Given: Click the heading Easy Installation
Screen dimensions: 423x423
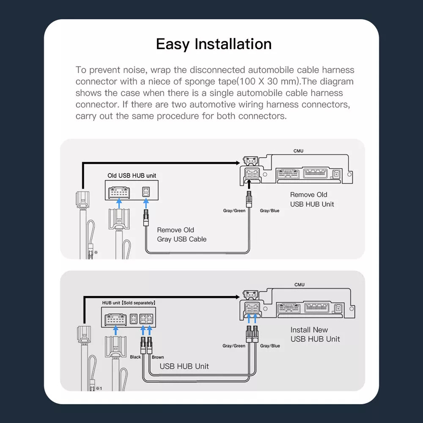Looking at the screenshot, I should [214, 44].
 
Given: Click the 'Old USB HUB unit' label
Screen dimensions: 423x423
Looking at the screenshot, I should [135, 175].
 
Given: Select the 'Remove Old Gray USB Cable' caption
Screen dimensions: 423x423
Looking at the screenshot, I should [181, 235].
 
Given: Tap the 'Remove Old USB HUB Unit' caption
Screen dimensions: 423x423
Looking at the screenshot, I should [312, 199].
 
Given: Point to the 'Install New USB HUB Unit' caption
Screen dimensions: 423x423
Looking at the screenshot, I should [315, 334].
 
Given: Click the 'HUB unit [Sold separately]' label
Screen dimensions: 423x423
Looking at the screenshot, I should [129, 303].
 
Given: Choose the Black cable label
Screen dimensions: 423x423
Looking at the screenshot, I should [135, 357].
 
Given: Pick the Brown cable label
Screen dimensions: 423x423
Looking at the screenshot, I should [158, 357].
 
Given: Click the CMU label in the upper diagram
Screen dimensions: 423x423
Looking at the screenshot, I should [298, 151].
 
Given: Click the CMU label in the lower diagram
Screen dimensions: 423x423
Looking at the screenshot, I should [299, 285].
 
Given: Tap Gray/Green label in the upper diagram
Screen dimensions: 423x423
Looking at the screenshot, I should [234, 210].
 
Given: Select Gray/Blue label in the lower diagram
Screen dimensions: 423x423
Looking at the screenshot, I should [270, 346].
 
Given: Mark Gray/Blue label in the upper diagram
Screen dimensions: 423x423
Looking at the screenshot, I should [270, 210].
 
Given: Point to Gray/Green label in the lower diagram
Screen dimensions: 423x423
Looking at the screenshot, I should [234, 346].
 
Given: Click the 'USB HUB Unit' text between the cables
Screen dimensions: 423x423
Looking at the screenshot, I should [184, 366].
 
